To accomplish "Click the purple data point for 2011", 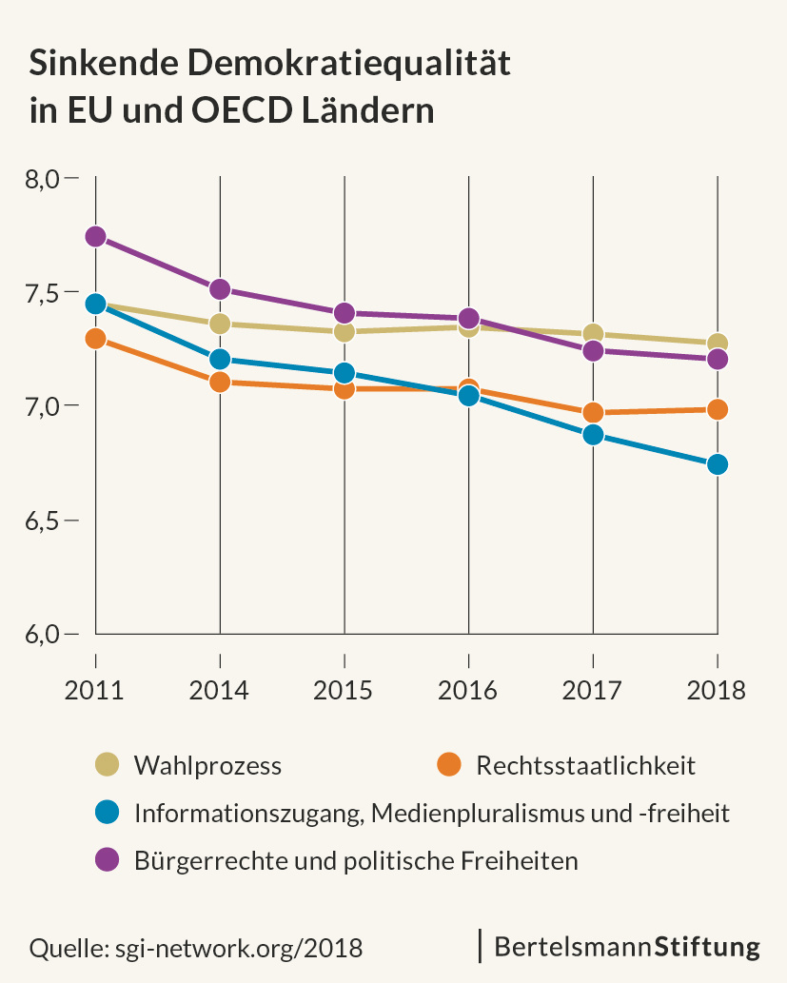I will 95,237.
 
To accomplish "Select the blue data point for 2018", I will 717,464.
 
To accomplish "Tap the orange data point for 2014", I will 220,383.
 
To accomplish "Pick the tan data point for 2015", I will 344,331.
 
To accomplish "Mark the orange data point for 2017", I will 593,412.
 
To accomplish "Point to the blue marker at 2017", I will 593,435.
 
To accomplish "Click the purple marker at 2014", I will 220,289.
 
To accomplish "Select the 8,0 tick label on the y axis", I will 44,179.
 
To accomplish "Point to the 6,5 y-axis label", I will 44,521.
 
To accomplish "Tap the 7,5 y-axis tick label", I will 44,293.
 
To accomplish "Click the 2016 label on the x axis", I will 468,690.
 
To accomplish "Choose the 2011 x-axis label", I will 95,690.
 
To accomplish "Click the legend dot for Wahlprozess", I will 108,764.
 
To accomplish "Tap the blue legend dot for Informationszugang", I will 108,813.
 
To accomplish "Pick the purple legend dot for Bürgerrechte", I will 108,860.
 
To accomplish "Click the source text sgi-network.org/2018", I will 238,948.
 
